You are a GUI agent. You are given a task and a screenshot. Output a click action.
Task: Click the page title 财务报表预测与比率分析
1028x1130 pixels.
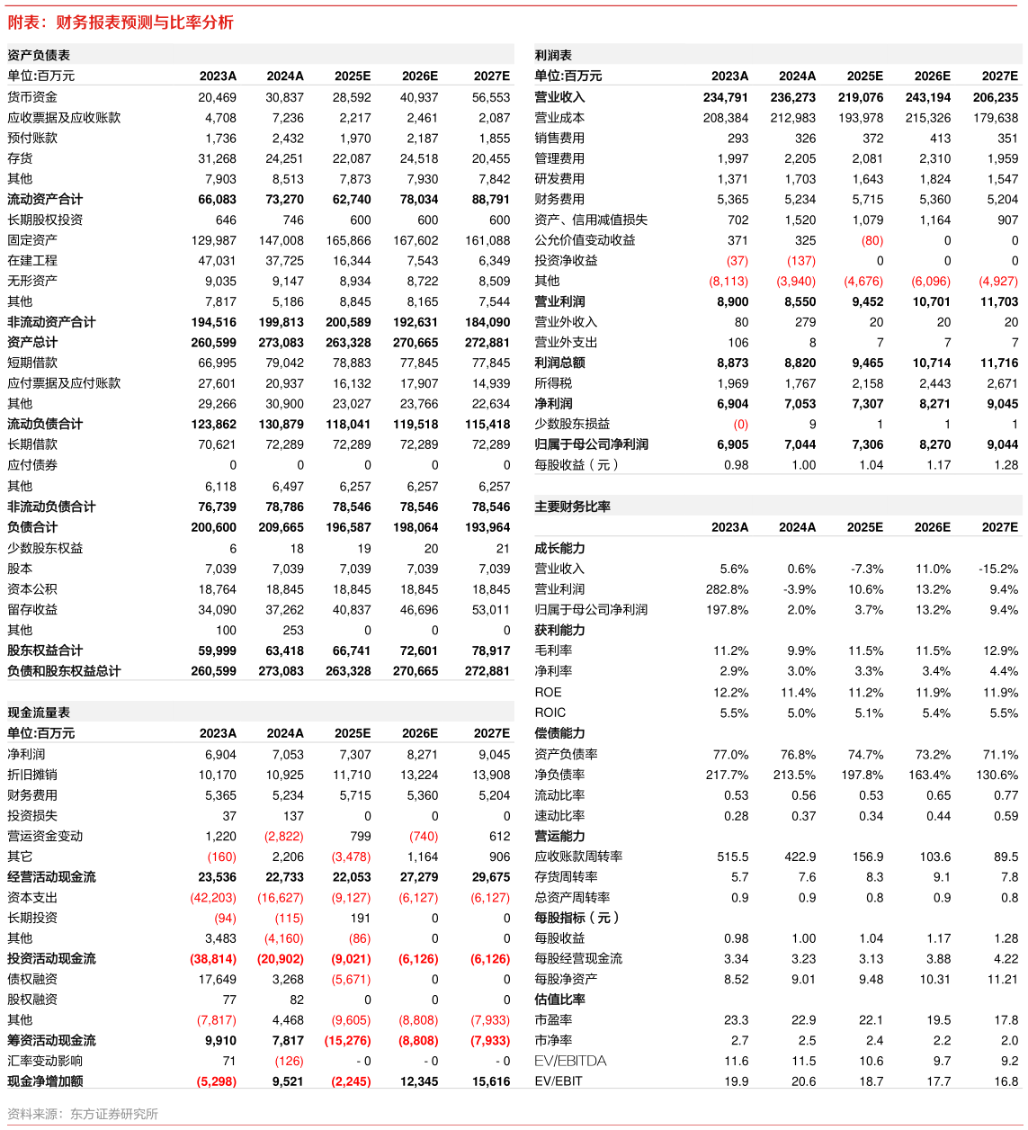click(145, 22)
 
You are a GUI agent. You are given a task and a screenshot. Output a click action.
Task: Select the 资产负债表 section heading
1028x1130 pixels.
click(39, 55)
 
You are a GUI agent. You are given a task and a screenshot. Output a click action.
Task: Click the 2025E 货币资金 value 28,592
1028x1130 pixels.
click(352, 97)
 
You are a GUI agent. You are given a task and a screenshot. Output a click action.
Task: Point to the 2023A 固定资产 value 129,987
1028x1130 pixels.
click(213, 240)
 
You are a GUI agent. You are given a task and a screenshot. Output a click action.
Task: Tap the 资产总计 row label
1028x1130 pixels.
click(32, 343)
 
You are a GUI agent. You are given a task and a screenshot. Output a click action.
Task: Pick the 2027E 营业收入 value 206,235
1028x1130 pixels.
click(996, 97)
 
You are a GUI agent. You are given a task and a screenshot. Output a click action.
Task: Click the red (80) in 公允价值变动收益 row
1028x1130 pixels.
click(872, 240)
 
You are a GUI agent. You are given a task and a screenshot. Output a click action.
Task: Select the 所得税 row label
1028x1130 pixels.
click(553, 383)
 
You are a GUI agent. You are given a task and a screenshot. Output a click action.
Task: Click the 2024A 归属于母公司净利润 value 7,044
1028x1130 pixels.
click(800, 444)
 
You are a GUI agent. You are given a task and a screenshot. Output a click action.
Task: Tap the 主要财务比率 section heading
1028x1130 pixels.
click(572, 507)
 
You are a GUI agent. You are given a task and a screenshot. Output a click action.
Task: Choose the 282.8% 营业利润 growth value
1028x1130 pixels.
click(727, 589)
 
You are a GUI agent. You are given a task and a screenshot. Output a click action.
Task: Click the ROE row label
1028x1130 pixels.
click(548, 692)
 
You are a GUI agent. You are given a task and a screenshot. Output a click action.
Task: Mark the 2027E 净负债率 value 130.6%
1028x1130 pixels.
click(997, 775)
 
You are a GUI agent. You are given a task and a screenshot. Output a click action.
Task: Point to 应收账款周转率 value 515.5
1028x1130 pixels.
click(732, 856)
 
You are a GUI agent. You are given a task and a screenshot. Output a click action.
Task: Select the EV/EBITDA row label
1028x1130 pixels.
click(570, 1061)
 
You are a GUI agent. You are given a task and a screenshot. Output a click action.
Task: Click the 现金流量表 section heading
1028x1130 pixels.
click(39, 713)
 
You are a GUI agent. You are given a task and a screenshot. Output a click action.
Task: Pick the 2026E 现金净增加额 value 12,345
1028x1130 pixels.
click(419, 1081)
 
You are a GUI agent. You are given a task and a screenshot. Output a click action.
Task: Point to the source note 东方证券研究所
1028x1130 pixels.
click(114, 1114)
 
